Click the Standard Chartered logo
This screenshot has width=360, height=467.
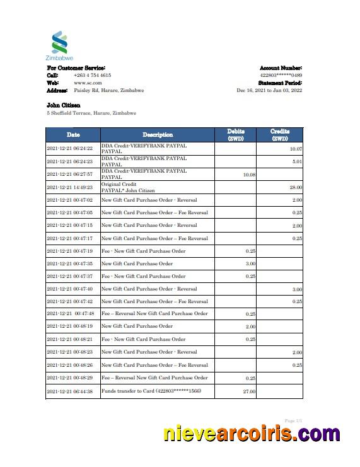(59, 45)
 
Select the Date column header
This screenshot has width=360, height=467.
(73, 135)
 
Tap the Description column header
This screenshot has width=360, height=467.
(157, 135)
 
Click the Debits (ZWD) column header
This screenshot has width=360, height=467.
(236, 135)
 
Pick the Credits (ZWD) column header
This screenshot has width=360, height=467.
(279, 135)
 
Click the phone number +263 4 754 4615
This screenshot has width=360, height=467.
(92, 75)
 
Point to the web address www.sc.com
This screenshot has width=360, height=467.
(88, 83)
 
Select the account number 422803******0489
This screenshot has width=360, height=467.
(281, 75)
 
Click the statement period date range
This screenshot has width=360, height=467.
(269, 90)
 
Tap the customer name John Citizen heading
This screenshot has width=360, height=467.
(63, 105)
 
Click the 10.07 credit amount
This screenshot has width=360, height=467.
(296, 149)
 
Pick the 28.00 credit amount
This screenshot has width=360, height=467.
(296, 187)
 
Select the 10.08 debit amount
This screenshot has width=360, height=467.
(249, 175)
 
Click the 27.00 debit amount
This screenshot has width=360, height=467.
(249, 392)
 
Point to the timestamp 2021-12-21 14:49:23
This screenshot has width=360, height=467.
(70, 187)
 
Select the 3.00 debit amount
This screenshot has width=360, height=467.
(250, 263)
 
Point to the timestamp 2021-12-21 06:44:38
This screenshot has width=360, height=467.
(70, 392)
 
